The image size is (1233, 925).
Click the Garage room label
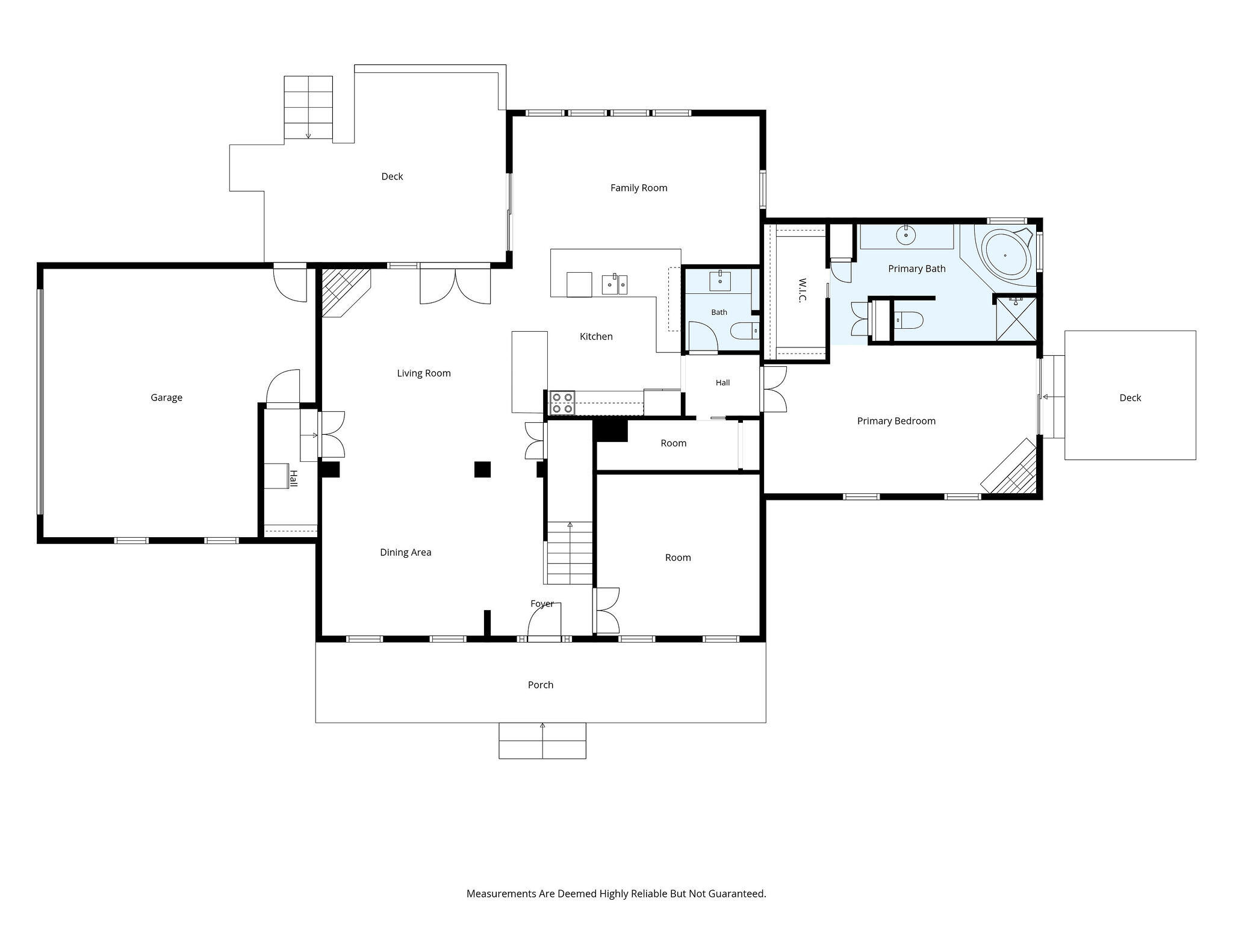click(166, 397)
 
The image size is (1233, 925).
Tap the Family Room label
click(639, 188)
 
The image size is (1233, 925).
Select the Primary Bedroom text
click(896, 421)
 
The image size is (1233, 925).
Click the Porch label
click(541, 685)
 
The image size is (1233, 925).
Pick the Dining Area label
click(406, 552)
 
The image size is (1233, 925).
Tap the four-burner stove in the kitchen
click(562, 403)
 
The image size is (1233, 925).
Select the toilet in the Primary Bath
click(908, 320)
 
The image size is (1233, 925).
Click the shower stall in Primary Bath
click(1016, 319)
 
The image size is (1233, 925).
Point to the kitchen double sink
click(615, 284)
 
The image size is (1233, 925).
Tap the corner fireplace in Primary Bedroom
click(1010, 467)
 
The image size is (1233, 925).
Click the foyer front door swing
click(544, 620)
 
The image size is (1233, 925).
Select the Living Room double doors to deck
click(455, 285)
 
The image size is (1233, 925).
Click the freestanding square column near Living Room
click(482, 469)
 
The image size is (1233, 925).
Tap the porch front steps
click(542, 740)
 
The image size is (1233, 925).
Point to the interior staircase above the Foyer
click(570, 553)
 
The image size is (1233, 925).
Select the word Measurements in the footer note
click(502, 894)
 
